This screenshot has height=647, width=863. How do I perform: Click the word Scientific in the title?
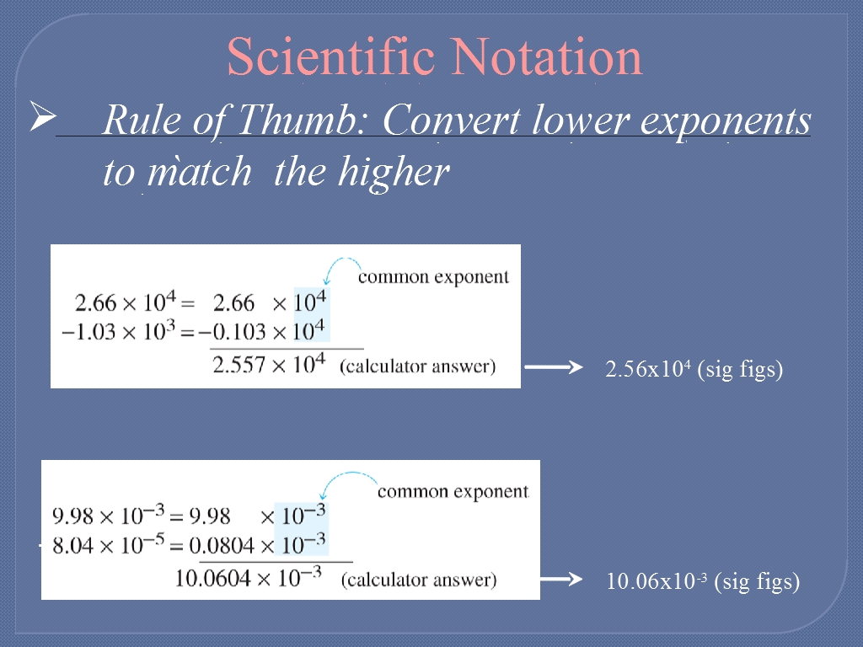(330, 56)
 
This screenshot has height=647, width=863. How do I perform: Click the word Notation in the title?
(548, 56)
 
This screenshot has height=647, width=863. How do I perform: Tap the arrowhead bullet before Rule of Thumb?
(43, 115)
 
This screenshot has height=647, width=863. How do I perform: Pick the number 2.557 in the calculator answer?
(239, 365)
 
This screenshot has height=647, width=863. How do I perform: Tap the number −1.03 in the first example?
(88, 332)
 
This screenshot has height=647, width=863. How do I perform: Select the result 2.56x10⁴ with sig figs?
(694, 369)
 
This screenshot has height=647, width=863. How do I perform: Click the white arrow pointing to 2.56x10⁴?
(554, 367)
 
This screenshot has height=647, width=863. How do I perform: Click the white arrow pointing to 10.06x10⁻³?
(561, 579)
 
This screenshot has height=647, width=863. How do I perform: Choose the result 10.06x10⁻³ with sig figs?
(703, 581)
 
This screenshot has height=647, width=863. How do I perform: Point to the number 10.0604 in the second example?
(212, 579)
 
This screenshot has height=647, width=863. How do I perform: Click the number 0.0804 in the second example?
(222, 546)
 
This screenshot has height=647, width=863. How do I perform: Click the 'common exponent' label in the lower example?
(453, 491)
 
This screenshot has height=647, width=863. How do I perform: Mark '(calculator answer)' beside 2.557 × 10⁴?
(418, 366)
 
